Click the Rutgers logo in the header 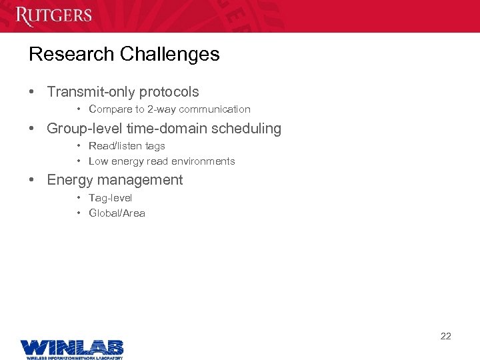click(x=53, y=15)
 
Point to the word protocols click(x=170, y=93)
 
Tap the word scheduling click(x=248, y=129)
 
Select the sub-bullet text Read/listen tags click(x=127, y=146)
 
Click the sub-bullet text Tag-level click(x=110, y=198)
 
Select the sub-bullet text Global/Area click(x=117, y=213)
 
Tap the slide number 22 click(x=445, y=336)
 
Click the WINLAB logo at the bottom click(x=71, y=348)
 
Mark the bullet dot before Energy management click(x=32, y=180)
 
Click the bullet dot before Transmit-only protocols click(x=32, y=92)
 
